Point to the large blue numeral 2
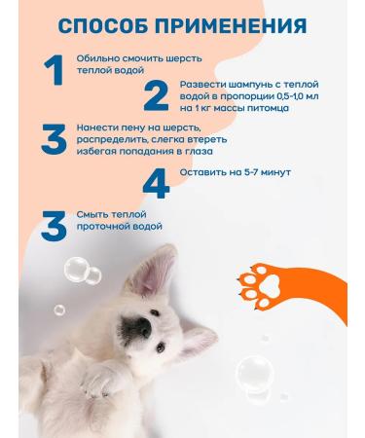[156, 96]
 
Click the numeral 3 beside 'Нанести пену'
[53, 140]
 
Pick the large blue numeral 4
[156, 183]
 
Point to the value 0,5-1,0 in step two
[275, 97]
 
